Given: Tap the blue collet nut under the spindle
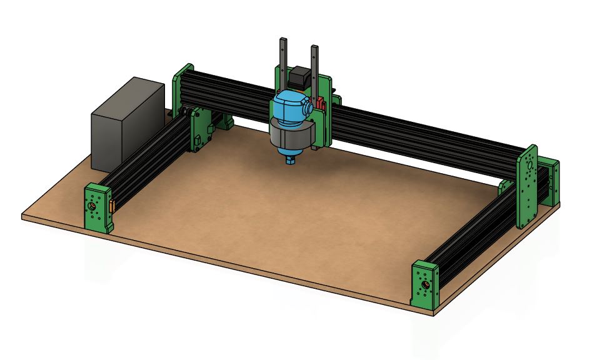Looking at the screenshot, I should coord(291,161).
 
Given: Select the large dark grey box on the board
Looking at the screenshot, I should coord(128,124).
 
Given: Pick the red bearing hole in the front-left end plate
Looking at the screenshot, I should coord(93,206).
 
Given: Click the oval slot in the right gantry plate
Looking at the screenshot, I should coord(530,166).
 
